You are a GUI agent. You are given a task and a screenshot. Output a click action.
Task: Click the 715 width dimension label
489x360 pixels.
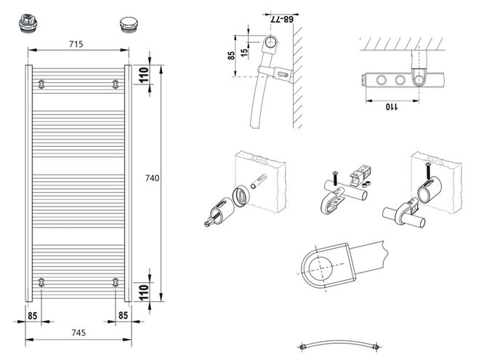click(x=76, y=44)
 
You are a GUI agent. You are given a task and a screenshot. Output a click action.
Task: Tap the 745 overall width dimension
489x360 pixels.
click(x=78, y=333)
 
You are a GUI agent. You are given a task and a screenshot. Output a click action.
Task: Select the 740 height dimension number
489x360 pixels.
click(x=152, y=178)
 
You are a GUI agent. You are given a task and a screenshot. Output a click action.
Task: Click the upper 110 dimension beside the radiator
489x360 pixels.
click(x=144, y=75)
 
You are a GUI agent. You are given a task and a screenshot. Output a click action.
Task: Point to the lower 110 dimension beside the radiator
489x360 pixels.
click(x=144, y=292)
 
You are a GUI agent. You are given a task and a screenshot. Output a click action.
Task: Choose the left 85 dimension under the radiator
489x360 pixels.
click(x=33, y=316)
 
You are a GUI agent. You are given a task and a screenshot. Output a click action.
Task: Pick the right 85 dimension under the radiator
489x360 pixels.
click(x=124, y=316)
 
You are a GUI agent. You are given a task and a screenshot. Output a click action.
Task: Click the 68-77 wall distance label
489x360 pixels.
click(x=282, y=20)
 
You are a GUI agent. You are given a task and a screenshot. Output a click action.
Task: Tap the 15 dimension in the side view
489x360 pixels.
click(x=245, y=52)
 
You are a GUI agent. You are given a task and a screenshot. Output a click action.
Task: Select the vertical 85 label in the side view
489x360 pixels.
click(x=231, y=56)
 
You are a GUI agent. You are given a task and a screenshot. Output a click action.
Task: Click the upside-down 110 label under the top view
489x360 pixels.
click(x=392, y=107)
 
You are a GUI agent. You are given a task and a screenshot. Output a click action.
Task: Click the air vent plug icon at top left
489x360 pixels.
click(x=28, y=23)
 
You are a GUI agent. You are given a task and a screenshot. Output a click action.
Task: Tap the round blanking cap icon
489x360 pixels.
click(x=128, y=24)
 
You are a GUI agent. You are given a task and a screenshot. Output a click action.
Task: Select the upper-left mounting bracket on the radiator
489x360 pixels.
click(x=41, y=84)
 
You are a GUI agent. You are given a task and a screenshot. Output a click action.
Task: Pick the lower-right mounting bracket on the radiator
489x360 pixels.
click(x=116, y=282)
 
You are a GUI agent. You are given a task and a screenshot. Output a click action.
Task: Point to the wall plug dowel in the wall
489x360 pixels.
click(x=259, y=182)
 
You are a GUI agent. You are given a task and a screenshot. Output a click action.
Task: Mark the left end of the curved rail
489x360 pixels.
click(x=302, y=347)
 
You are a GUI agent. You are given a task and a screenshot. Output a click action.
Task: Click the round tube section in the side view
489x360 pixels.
click(x=270, y=41)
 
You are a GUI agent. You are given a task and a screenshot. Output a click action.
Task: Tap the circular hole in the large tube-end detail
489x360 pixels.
click(x=320, y=268)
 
